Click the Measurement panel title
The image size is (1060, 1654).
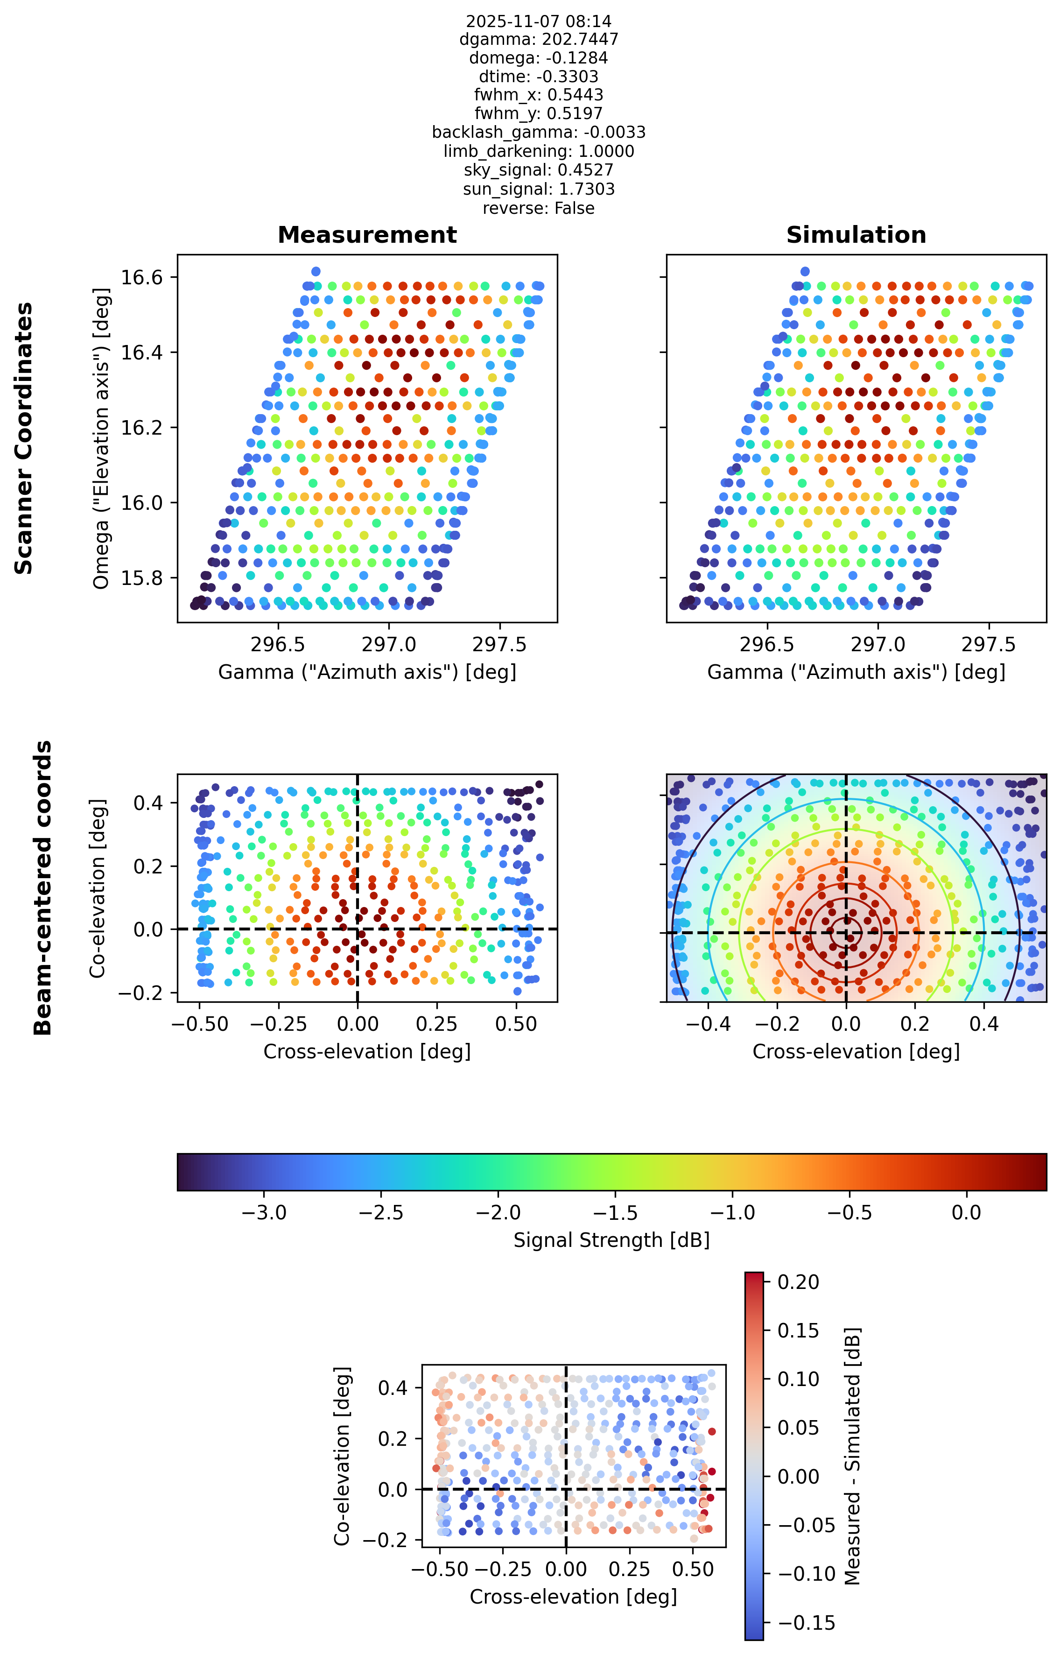tap(367, 235)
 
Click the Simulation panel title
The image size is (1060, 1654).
tap(856, 235)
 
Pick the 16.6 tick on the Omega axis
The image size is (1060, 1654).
tap(142, 277)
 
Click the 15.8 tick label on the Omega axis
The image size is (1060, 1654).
tap(142, 578)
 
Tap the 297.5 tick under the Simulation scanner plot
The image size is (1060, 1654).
tap(989, 645)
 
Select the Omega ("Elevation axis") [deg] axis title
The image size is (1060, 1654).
tap(101, 438)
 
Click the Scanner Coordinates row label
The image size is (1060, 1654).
tap(24, 438)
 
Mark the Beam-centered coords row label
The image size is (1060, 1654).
tap(42, 888)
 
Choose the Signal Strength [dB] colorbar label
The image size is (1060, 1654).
tap(611, 1239)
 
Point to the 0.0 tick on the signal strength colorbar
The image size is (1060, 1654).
tap(966, 1212)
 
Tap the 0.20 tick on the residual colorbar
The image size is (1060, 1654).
tap(799, 1282)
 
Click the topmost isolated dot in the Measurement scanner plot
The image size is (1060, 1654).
tap(316, 271)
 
